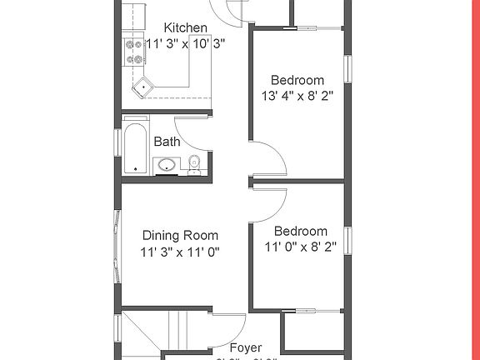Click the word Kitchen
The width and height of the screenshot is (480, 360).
tap(186, 27)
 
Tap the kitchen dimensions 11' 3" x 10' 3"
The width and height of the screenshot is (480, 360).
tap(186, 44)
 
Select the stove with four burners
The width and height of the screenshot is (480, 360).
tap(133, 52)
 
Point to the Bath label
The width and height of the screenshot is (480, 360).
tap(167, 142)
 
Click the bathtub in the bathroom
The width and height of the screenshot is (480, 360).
tap(136, 148)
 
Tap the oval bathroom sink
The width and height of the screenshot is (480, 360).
tap(167, 164)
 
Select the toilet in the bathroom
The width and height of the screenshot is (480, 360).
tap(194, 164)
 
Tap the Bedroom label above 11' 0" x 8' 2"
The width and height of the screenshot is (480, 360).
tap(301, 231)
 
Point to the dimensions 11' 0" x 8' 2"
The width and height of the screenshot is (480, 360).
tap(301, 247)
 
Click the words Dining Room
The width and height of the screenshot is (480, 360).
tap(179, 235)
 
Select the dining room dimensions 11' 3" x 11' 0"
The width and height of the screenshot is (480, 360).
tap(179, 251)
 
